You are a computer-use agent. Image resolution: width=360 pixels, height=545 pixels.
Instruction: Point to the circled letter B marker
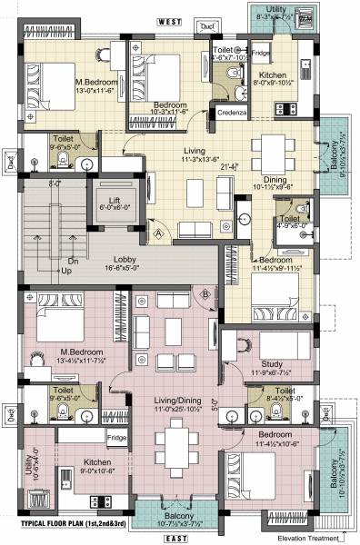[x=206, y=293]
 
